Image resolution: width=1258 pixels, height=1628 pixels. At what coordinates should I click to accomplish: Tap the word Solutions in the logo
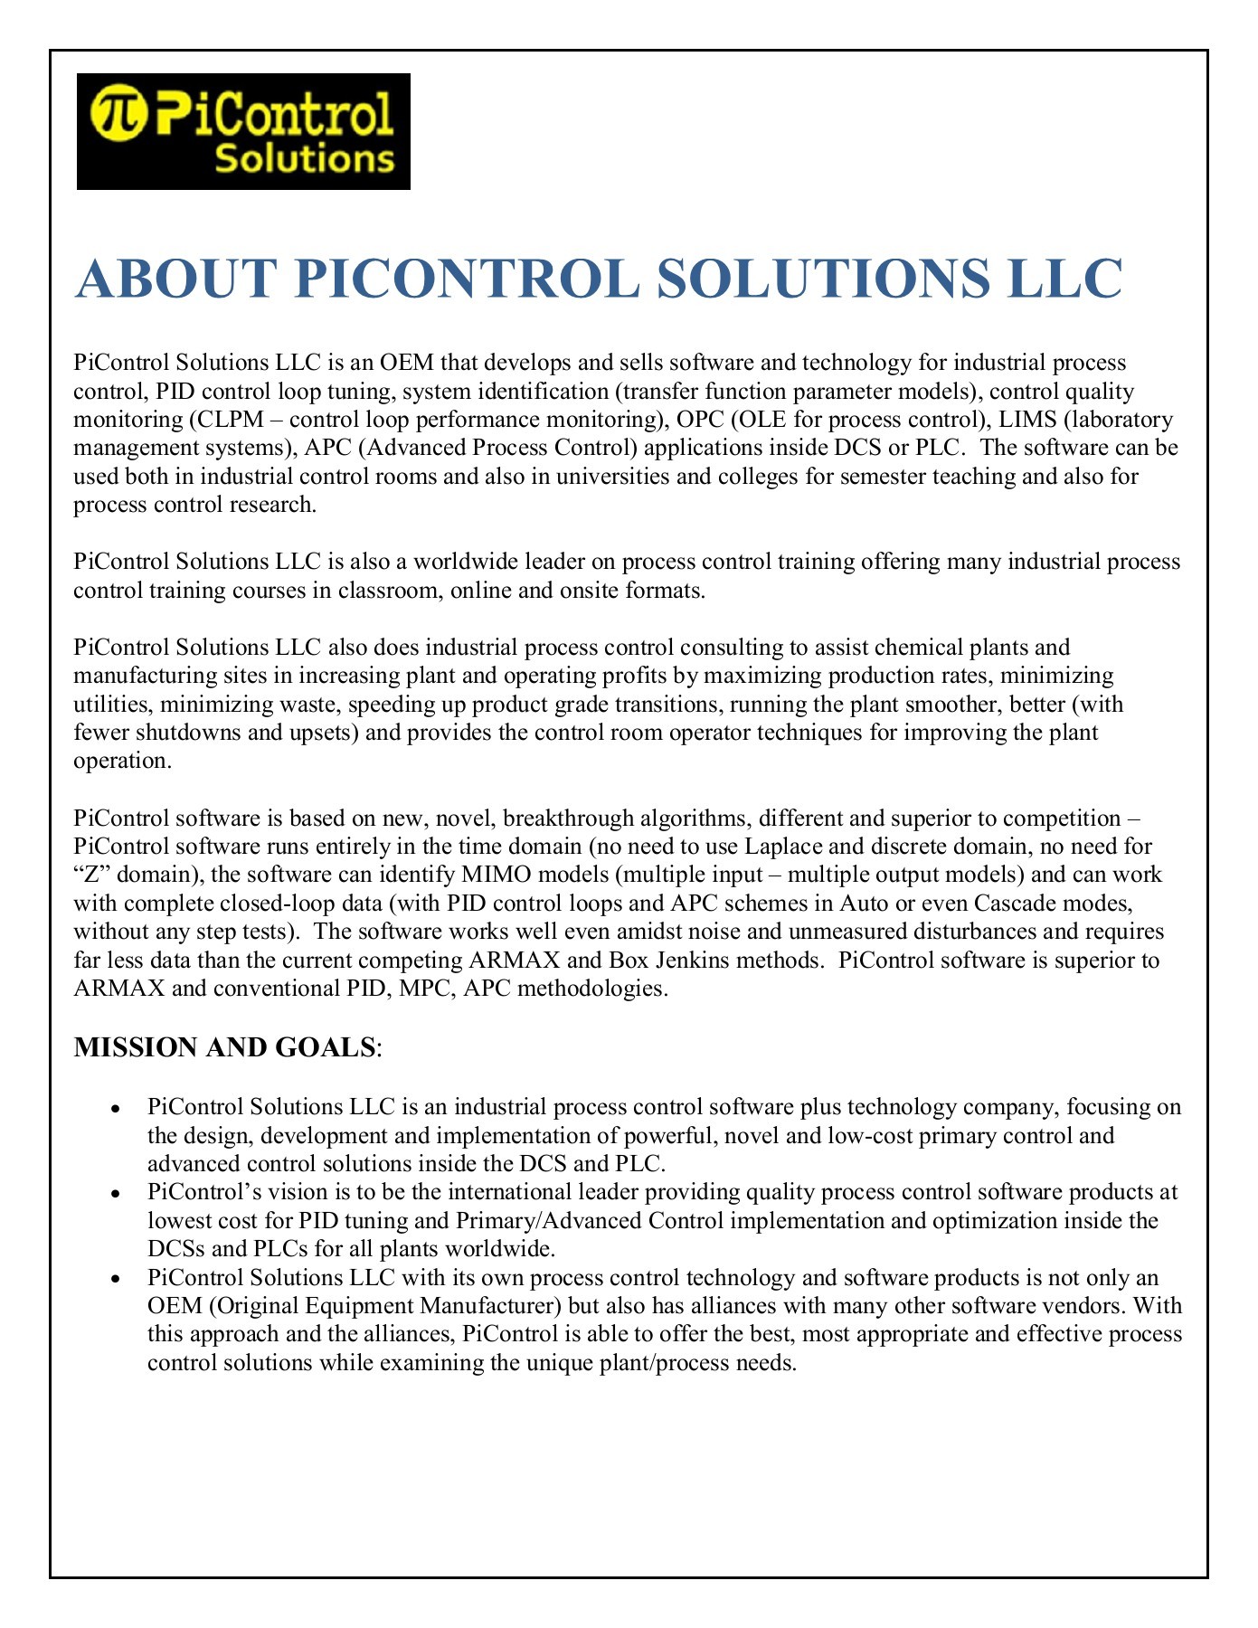305,159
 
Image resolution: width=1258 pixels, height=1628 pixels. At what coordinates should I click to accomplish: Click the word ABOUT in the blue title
176,278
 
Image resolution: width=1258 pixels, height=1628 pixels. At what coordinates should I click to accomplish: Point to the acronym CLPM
238,420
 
